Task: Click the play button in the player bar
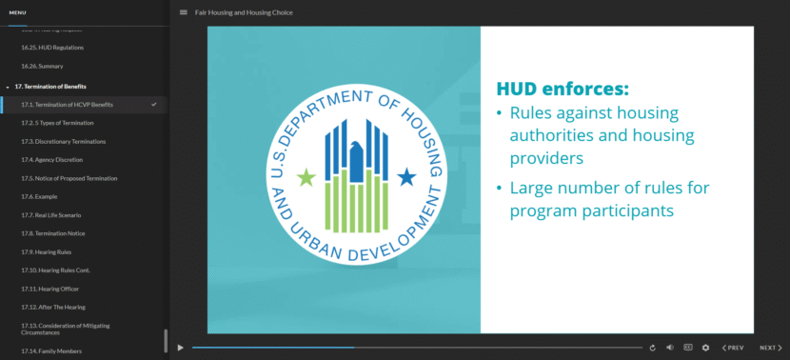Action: point(181,348)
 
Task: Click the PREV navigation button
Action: point(734,348)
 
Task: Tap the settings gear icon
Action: point(705,348)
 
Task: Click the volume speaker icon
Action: point(670,348)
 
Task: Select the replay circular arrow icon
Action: point(653,348)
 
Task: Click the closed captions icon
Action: point(688,348)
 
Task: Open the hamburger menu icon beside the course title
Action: point(184,12)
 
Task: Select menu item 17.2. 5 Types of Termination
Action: point(57,123)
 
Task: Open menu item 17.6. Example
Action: point(39,196)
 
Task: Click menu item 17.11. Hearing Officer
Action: point(49,288)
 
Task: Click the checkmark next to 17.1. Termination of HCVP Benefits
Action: point(154,104)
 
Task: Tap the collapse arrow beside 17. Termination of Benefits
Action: point(8,87)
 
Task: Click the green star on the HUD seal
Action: point(306,177)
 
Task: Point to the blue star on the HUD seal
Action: point(406,176)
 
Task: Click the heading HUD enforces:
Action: point(563,90)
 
